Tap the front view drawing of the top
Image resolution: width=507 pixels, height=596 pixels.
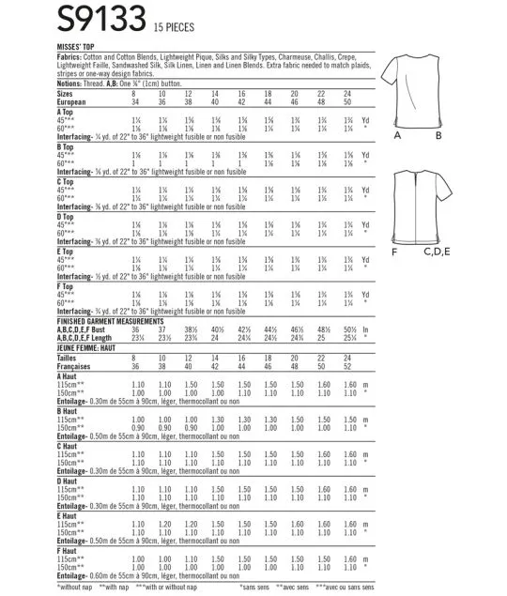[431, 86]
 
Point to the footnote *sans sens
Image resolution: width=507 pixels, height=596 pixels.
[255, 587]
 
